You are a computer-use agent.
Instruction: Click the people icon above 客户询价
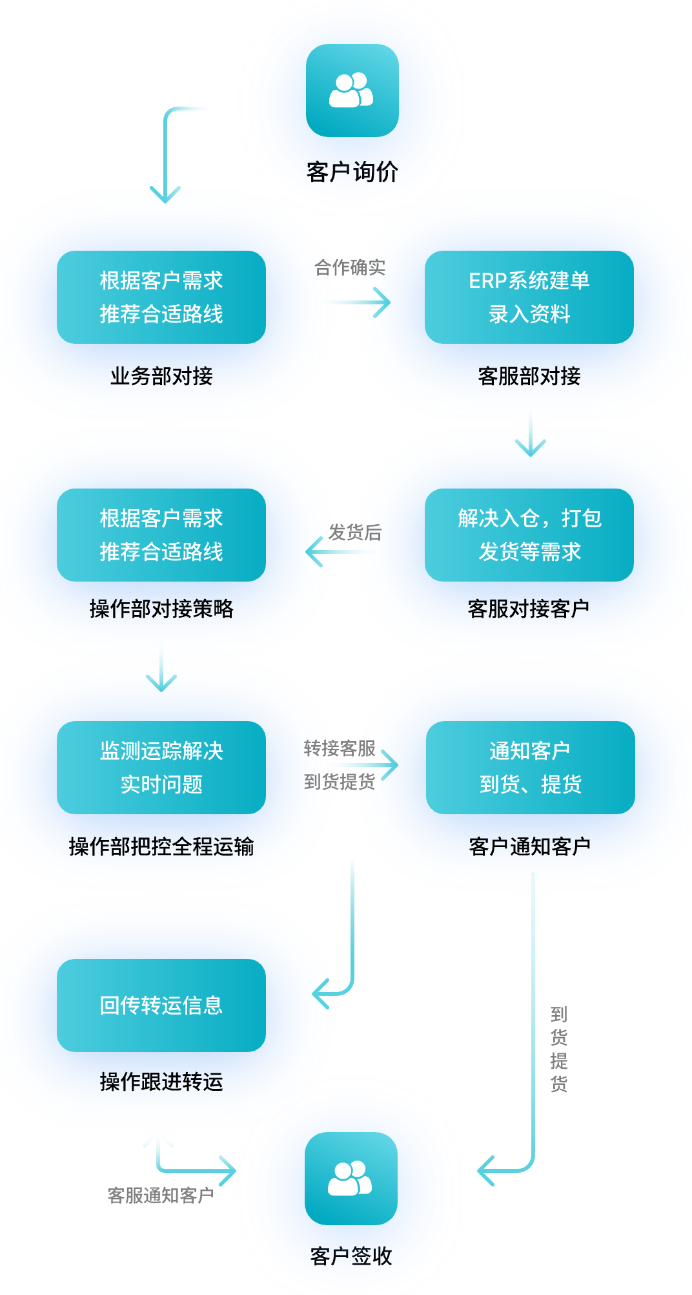(x=352, y=90)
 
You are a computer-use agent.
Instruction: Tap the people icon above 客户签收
(x=351, y=1178)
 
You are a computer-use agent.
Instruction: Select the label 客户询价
(x=352, y=172)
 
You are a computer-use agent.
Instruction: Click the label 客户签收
(x=351, y=1256)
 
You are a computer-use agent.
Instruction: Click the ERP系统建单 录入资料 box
(x=529, y=297)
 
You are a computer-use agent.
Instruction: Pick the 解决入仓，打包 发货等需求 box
(x=529, y=535)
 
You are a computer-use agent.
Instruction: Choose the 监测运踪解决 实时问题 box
(x=161, y=768)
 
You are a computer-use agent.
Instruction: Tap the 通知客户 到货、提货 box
(x=530, y=768)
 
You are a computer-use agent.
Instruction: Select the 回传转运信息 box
(x=161, y=1005)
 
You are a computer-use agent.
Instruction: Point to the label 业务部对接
(x=161, y=376)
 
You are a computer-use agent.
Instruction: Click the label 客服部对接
(x=529, y=376)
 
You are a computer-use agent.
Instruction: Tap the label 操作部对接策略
(x=161, y=609)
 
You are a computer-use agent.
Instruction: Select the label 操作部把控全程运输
(x=161, y=847)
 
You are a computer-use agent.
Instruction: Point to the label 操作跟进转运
(x=161, y=1082)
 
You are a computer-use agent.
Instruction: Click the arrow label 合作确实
(x=350, y=268)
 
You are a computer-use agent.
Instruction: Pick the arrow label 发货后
(x=355, y=532)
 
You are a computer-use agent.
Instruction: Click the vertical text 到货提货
(x=559, y=1049)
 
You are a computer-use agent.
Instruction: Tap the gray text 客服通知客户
(x=161, y=1195)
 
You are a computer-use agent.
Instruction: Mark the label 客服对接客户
(x=529, y=609)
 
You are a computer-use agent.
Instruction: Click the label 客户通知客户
(x=530, y=847)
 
